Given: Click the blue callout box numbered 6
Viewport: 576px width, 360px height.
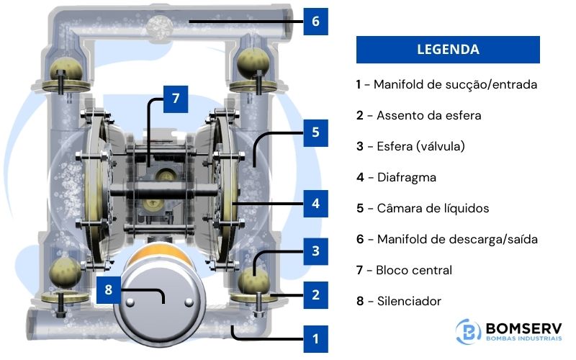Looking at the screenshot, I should tap(315, 21).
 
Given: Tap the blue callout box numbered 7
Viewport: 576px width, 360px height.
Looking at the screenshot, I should tap(176, 99).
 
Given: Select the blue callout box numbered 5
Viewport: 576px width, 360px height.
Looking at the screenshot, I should tap(315, 133).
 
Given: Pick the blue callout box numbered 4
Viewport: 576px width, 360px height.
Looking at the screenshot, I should tap(315, 204).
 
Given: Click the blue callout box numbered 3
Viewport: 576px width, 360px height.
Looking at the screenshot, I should tap(315, 251).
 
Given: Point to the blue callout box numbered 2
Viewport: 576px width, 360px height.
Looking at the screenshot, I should tap(315, 294).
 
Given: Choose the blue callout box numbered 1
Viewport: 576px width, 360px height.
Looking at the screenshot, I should tap(315, 338).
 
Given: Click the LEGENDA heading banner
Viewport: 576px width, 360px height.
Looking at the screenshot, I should tap(448, 50).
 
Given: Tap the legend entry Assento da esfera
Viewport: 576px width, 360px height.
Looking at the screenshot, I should tap(419, 115).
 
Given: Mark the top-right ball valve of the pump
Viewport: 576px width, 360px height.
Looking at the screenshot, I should tap(253, 60).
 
